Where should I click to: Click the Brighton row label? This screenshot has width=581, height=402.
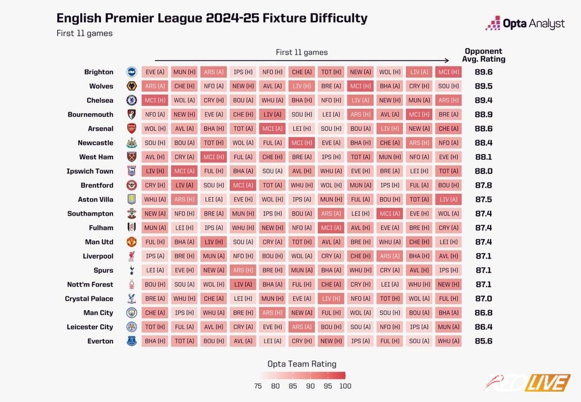[99, 72]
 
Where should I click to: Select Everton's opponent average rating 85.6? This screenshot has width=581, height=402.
[483, 341]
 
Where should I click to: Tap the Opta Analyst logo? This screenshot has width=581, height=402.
[525, 24]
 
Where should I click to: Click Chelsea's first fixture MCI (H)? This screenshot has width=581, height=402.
[154, 100]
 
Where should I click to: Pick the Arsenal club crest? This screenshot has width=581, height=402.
[131, 129]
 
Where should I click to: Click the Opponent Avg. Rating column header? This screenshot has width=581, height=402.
[484, 55]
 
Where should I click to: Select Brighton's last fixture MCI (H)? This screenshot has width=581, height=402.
[448, 72]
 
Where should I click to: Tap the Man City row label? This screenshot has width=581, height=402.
[98, 313]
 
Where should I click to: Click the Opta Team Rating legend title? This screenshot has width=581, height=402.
[302, 364]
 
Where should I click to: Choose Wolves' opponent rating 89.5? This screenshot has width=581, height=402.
[483, 86]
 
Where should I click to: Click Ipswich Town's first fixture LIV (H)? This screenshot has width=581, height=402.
[154, 171]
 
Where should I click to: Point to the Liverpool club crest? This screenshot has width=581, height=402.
[131, 256]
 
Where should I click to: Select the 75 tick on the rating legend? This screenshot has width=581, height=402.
[258, 386]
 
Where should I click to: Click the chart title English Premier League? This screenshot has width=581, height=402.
[212, 18]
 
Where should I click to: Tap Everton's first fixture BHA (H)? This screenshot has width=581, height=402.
[154, 341]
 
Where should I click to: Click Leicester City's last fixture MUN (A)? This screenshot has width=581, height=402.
[448, 327]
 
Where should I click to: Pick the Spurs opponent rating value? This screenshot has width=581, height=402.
[483, 270]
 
